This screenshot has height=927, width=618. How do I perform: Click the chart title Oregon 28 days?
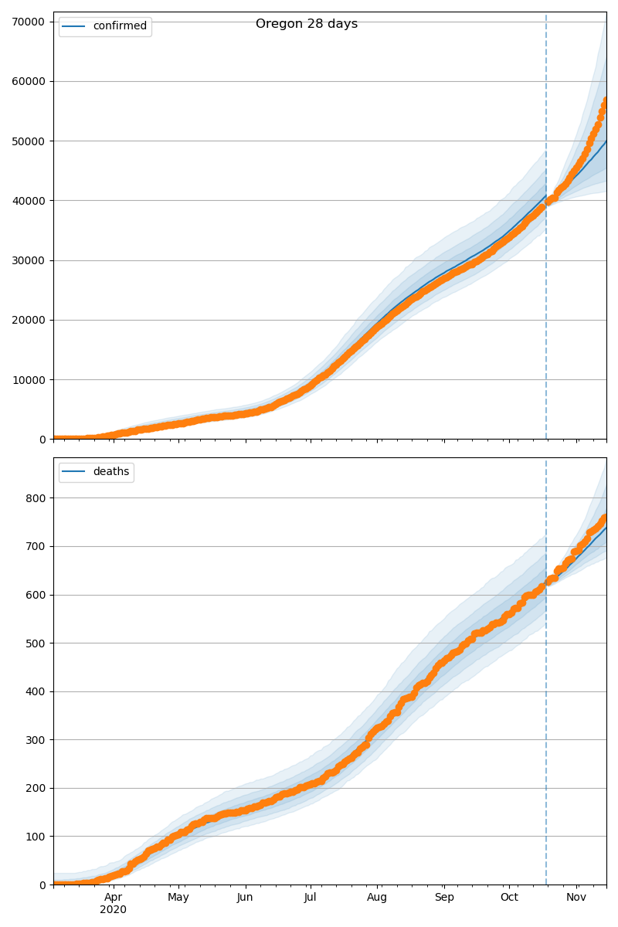(x=307, y=24)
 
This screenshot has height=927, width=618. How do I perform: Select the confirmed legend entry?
(x=119, y=26)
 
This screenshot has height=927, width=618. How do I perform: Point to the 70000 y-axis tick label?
(x=28, y=22)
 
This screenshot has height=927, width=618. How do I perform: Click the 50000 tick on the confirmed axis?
(x=28, y=141)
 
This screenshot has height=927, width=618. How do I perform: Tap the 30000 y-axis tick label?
(x=28, y=260)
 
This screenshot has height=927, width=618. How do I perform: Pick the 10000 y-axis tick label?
(x=28, y=379)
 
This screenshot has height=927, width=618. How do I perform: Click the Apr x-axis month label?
(x=114, y=897)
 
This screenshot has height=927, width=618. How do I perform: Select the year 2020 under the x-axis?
(x=113, y=910)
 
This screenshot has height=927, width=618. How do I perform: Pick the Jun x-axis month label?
(x=245, y=897)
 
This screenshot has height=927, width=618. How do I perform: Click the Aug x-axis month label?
(x=377, y=897)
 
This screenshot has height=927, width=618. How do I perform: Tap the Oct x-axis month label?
(x=509, y=897)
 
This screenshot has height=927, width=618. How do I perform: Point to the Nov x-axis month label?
(x=576, y=897)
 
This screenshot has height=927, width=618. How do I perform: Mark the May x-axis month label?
(x=178, y=897)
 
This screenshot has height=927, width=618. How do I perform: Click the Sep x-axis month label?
(x=444, y=897)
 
